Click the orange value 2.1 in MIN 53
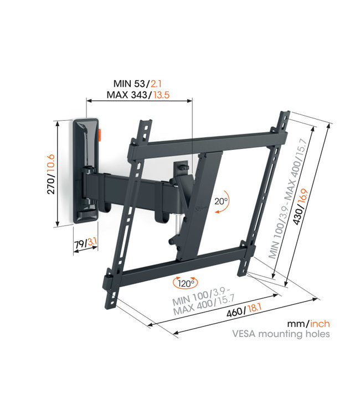(156, 83)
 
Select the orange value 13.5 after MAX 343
(160, 95)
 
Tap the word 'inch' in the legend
(319, 323)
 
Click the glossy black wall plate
(85, 166)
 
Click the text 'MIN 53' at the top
(129, 83)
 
